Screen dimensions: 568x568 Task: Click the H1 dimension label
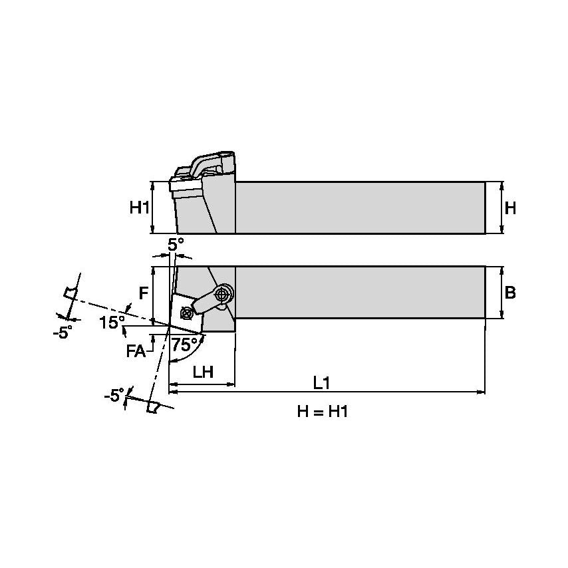point(139,208)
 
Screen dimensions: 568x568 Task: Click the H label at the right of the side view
point(510,208)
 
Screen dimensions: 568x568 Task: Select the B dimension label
point(510,293)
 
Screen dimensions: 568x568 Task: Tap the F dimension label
point(142,293)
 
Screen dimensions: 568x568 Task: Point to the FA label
point(136,352)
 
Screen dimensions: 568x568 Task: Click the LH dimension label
point(202,372)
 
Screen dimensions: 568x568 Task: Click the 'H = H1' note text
point(322,412)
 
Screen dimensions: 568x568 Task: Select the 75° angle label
point(184,345)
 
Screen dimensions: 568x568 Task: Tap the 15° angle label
point(112,323)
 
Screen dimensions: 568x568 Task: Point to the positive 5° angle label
point(174,245)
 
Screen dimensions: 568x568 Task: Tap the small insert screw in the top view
point(187,310)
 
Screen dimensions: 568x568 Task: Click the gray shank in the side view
point(359,208)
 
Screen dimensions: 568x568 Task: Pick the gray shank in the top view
point(359,293)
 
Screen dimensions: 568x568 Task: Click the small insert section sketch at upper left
point(70,293)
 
